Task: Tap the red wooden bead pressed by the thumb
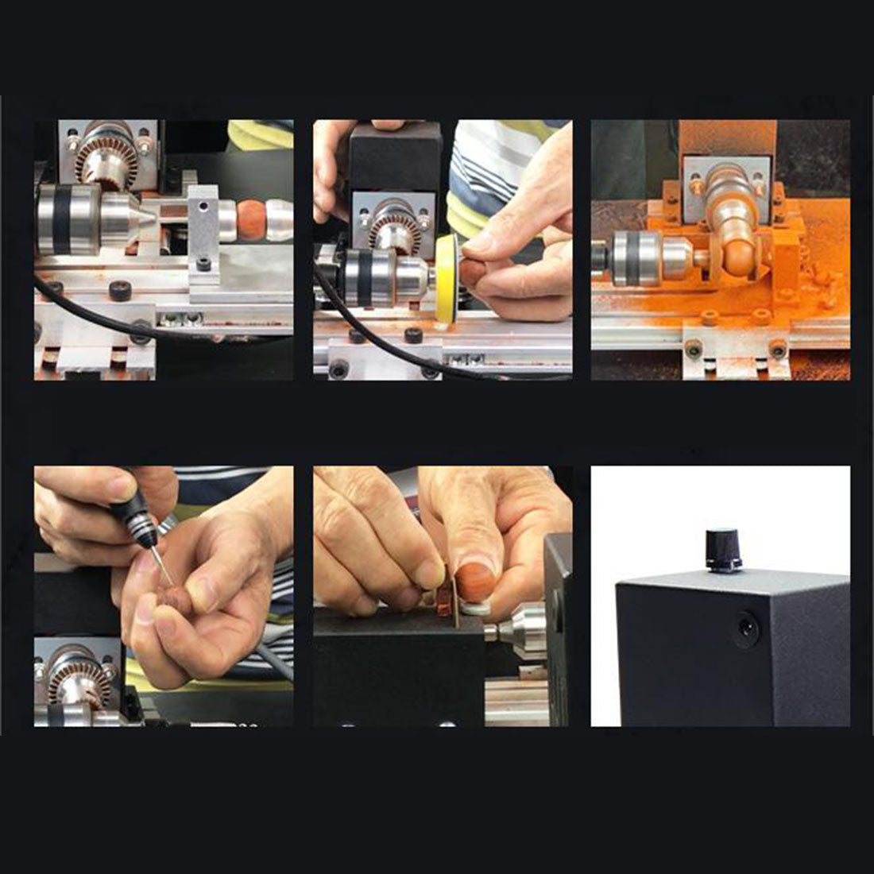click(474, 582)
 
